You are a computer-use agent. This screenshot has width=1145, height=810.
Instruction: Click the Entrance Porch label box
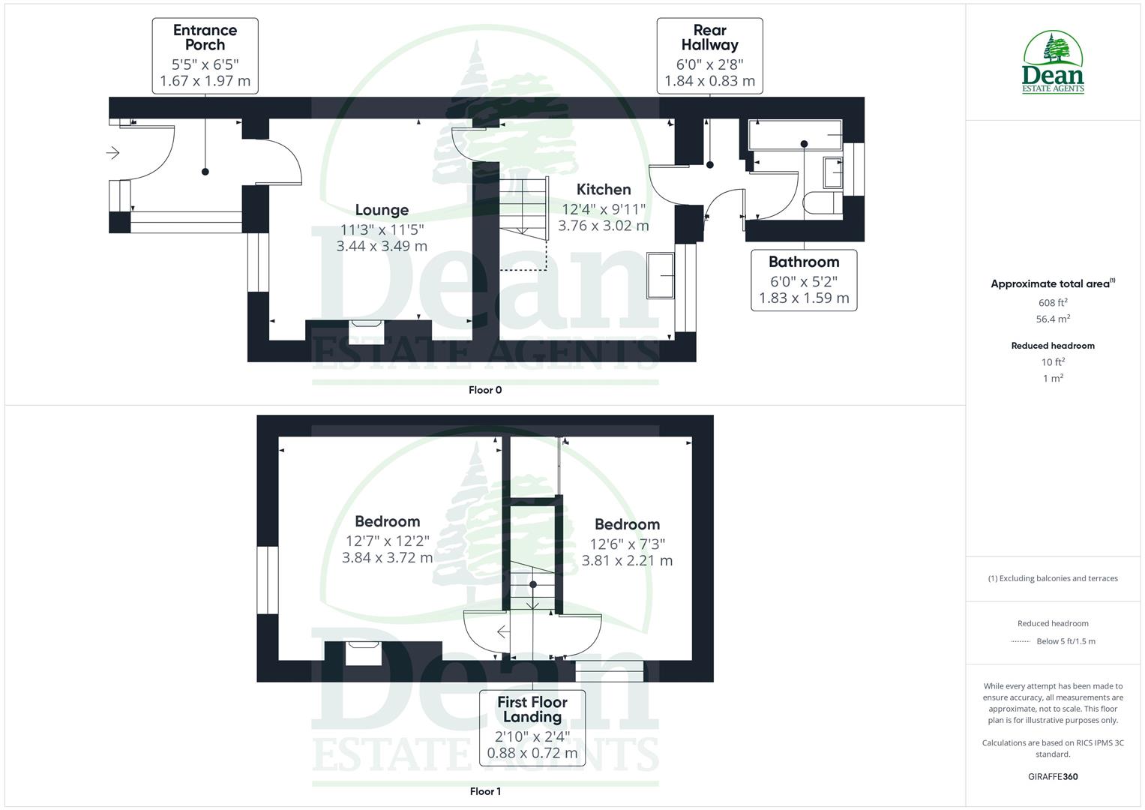(205, 56)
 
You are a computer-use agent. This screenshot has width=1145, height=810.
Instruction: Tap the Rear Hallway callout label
(709, 56)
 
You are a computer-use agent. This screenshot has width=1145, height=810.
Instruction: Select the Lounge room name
(382, 210)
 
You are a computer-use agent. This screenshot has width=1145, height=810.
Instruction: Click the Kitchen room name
(604, 190)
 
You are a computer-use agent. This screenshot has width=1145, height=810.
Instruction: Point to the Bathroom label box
(804, 280)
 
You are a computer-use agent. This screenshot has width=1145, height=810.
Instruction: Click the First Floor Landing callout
(532, 727)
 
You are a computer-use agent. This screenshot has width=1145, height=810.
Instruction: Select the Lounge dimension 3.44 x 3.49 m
(382, 246)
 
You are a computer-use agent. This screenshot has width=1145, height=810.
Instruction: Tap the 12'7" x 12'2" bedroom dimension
(387, 541)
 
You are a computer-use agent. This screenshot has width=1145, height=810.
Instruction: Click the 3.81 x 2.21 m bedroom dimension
(627, 560)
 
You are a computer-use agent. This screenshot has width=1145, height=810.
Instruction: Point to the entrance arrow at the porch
(113, 153)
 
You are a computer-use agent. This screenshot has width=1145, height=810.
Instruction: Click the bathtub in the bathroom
(795, 135)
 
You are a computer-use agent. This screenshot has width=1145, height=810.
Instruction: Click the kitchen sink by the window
(661, 275)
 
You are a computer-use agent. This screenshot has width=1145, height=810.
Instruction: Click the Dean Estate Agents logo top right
(1053, 62)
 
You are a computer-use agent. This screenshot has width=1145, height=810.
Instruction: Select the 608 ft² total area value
(1053, 303)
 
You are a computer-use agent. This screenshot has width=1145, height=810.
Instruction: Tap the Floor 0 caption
(485, 390)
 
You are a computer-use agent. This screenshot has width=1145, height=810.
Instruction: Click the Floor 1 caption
(485, 791)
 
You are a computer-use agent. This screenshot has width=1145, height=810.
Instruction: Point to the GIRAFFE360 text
(1053, 777)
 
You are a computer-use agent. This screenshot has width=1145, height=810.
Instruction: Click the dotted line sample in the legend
(1021, 641)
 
